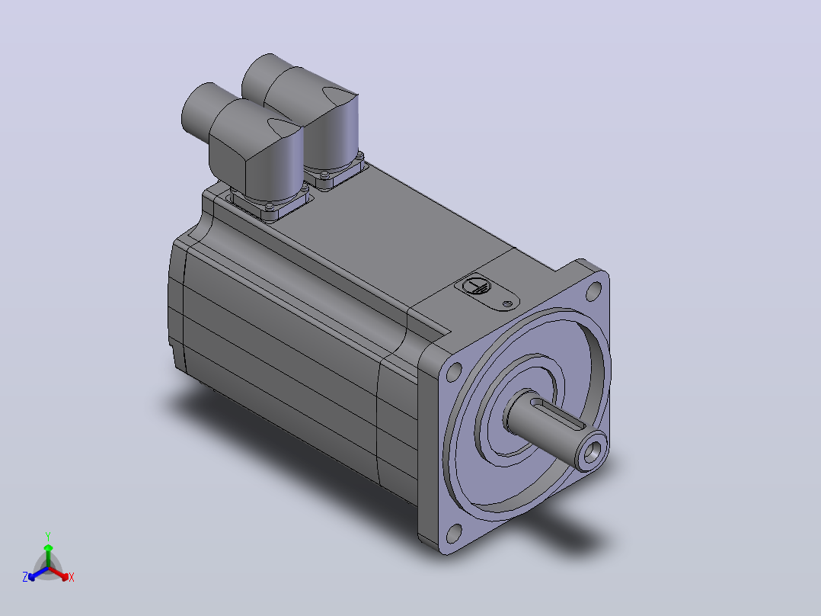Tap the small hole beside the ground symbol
[x=507, y=303]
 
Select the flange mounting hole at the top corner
[x=594, y=291]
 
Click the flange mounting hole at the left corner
[x=453, y=372]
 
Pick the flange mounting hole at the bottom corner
[x=455, y=533]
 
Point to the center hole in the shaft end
[x=592, y=451]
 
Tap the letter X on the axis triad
[x=72, y=577]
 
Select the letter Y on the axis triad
[x=48, y=536]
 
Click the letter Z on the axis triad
[x=25, y=577]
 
